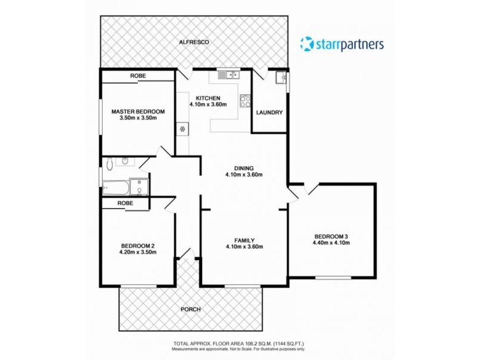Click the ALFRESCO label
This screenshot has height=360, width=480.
point(192,43)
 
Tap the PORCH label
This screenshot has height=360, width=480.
point(191,310)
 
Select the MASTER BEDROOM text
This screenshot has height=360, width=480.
point(138,111)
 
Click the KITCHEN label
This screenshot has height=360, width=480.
point(208,98)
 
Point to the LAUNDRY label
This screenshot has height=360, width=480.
point(269,112)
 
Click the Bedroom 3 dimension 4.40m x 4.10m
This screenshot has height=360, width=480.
point(330,243)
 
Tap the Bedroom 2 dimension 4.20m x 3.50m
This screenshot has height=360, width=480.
point(138,253)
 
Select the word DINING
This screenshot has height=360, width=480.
point(244,168)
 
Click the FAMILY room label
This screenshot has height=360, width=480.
point(244,240)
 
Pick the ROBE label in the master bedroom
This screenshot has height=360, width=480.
point(138,76)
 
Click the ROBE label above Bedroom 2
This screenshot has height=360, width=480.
point(125,203)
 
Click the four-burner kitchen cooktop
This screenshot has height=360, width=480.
point(244,101)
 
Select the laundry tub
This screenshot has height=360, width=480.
point(280,77)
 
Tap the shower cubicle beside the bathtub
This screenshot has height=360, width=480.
point(139,187)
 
